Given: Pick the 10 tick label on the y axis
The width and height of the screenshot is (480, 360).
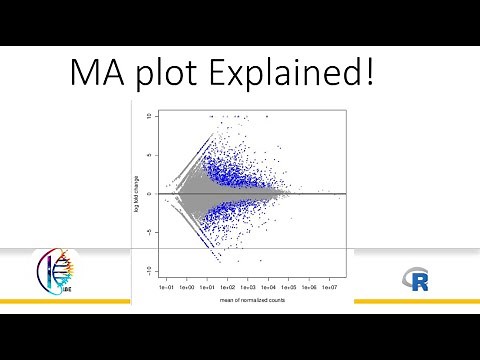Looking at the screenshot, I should click(148, 116).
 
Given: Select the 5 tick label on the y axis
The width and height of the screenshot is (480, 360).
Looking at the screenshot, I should click(148, 155).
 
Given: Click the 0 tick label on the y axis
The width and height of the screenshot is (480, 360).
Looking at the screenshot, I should click(148, 194).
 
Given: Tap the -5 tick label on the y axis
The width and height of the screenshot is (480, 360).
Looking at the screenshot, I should click(148, 232).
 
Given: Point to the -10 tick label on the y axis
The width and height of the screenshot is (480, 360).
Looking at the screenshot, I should click(148, 270).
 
